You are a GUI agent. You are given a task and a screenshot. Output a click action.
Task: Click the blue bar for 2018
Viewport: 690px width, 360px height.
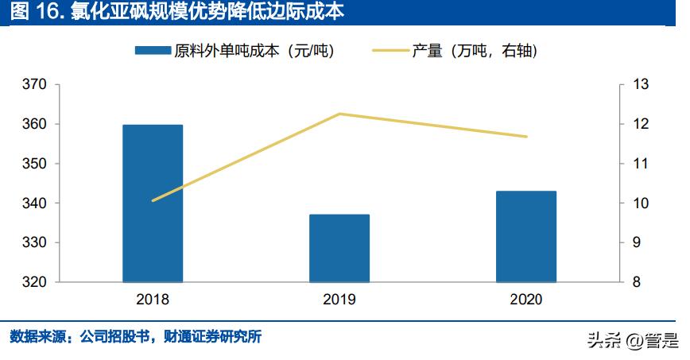[x=153, y=203]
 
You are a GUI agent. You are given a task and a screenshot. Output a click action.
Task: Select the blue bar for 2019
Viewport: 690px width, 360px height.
[x=339, y=248]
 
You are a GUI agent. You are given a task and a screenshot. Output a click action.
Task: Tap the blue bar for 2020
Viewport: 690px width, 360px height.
[x=526, y=236]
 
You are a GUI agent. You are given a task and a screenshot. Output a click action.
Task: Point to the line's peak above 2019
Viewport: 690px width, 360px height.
[x=339, y=114]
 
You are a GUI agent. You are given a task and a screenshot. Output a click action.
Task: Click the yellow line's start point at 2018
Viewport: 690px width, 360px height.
[x=153, y=200]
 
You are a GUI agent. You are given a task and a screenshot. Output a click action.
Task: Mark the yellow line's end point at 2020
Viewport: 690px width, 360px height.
[x=526, y=137]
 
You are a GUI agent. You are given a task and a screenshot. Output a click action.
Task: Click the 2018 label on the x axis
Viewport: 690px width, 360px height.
[x=153, y=300]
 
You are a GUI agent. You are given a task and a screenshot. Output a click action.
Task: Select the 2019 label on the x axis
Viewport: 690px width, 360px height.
[x=339, y=300]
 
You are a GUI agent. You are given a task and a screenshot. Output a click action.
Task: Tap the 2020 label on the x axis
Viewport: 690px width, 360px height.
[x=526, y=300]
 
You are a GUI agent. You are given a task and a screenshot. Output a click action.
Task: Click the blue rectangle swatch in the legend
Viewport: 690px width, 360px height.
[x=153, y=51]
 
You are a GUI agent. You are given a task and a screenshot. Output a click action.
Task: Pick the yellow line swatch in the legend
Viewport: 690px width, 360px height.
[x=390, y=51]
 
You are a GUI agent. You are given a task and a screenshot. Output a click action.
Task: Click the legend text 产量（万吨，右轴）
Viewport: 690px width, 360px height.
[x=475, y=51]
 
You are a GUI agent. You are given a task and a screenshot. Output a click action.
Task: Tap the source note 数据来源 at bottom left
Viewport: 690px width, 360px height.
[x=135, y=337]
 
